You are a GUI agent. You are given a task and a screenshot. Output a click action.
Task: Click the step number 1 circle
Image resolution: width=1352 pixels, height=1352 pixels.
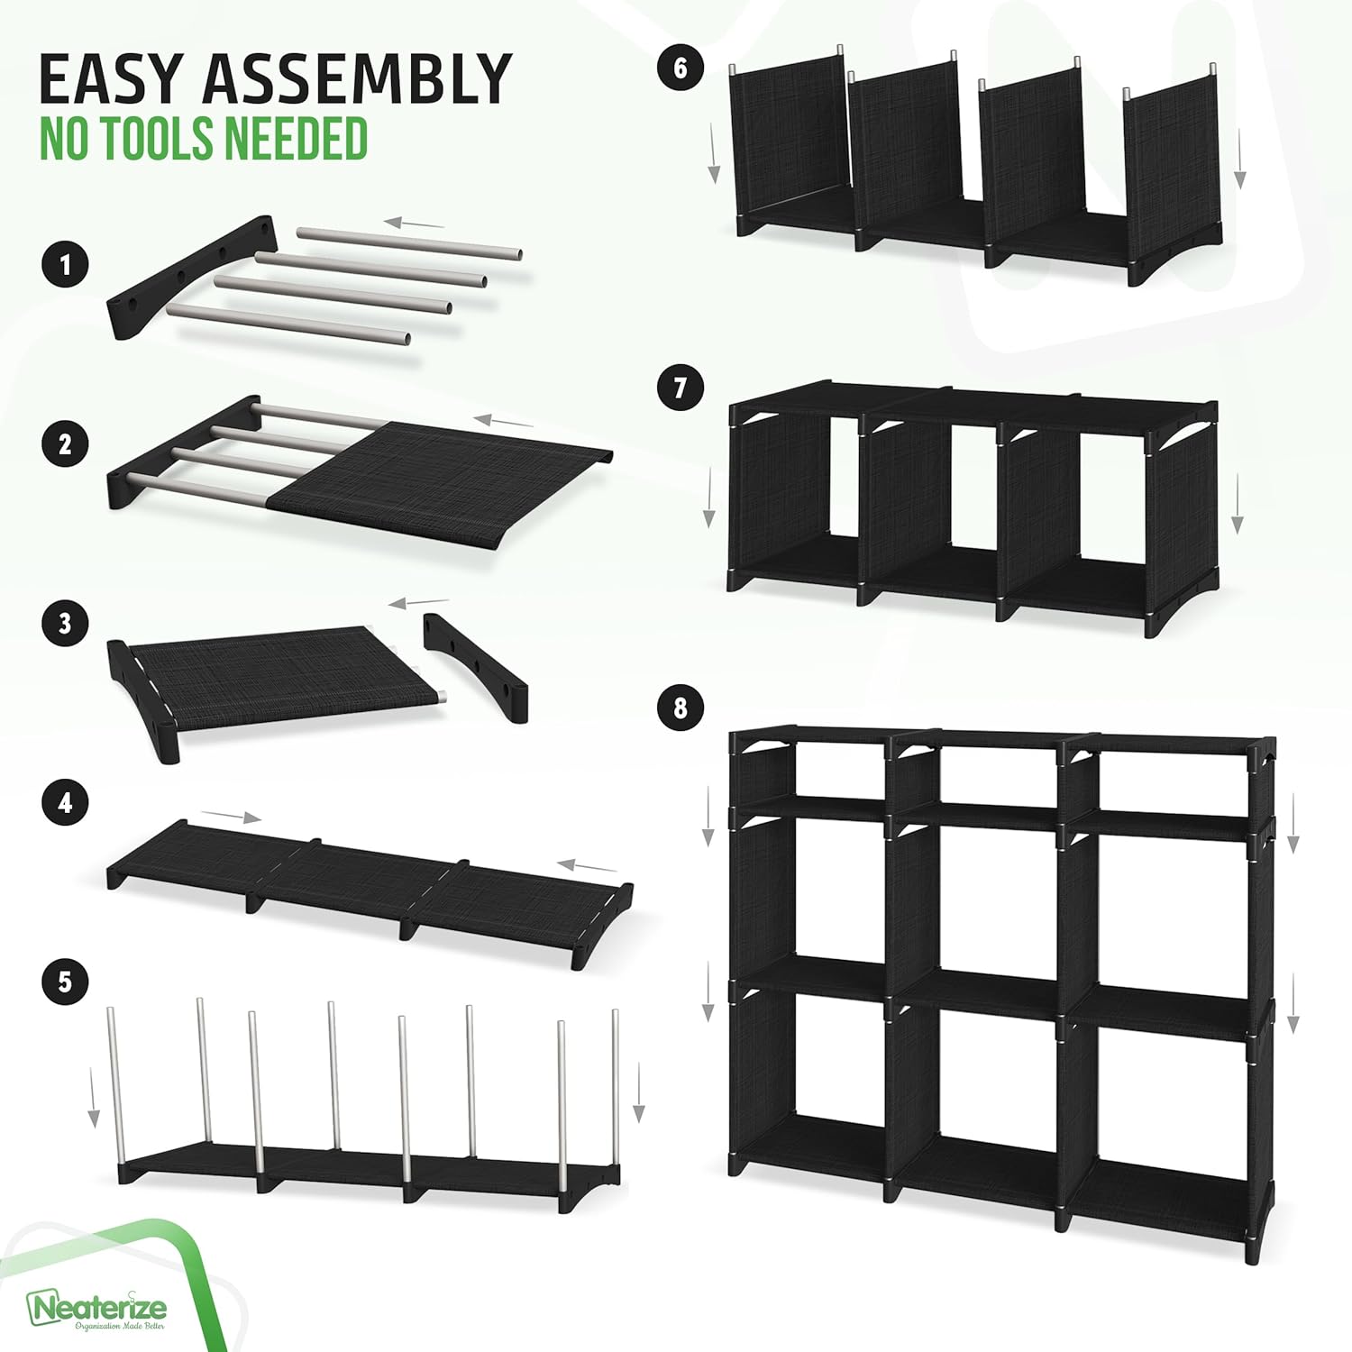(65, 265)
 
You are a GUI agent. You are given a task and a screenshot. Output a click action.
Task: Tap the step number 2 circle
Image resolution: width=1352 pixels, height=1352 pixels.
(65, 443)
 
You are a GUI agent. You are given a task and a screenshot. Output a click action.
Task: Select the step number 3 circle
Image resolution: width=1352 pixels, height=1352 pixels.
(65, 623)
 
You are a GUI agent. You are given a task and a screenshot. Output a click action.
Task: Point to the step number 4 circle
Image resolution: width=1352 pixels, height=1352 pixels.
(65, 801)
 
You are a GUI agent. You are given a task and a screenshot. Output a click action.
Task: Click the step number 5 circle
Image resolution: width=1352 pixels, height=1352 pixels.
(65, 981)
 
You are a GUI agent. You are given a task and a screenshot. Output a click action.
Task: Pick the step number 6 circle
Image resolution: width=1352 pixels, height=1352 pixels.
(681, 68)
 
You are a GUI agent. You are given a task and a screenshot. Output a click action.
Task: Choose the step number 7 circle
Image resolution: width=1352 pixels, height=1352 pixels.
(681, 388)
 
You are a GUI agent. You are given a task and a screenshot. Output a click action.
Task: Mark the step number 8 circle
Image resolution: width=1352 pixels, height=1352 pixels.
(681, 708)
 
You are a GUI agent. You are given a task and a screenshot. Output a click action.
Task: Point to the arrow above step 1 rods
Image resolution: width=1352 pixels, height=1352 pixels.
(414, 223)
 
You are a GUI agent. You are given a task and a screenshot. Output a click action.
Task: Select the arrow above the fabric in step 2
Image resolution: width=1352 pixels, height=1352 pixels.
(504, 421)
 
